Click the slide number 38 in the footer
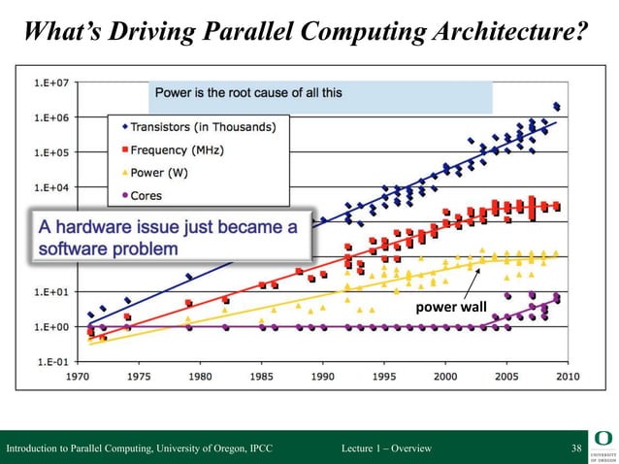click(576, 447)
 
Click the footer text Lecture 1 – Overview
click(387, 447)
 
